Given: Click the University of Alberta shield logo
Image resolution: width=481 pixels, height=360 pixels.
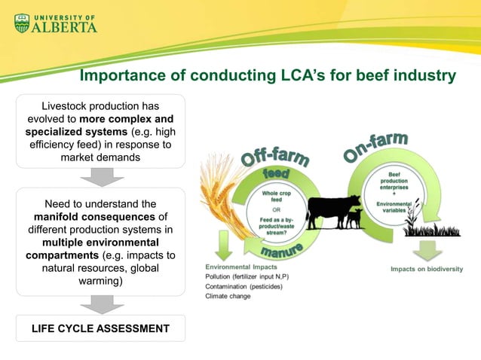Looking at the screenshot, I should click(x=22, y=23).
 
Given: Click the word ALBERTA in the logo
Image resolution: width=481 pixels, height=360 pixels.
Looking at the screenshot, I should click(x=65, y=26).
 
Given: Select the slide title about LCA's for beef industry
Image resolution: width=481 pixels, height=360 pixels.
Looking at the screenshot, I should click(x=268, y=76).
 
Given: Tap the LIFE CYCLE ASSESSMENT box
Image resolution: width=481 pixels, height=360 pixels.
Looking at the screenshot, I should click(x=100, y=328).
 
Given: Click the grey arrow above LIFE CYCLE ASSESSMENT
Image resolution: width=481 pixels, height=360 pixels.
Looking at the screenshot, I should click(x=100, y=304).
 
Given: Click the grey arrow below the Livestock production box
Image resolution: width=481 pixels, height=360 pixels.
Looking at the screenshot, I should click(x=100, y=176).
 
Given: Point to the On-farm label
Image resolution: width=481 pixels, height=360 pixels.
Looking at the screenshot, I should click(x=376, y=146).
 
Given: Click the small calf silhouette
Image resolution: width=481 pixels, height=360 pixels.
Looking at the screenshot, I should click(x=353, y=219).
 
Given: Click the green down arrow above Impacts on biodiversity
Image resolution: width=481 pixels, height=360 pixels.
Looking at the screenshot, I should click(x=430, y=249).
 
